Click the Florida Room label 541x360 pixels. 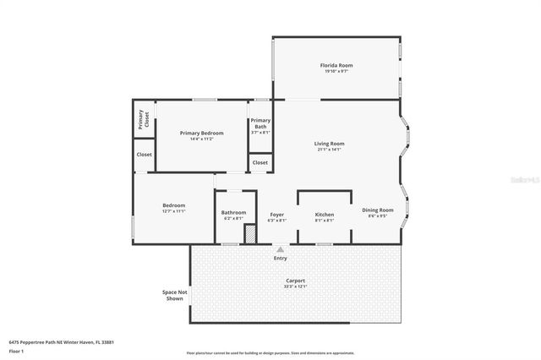pyautogui.click(x=336, y=65)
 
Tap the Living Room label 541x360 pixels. pyautogui.click(x=330, y=144)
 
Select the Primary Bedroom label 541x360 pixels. pyautogui.click(x=201, y=133)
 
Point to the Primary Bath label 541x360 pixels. pyautogui.click(x=260, y=124)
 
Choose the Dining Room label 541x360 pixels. pyautogui.click(x=378, y=210)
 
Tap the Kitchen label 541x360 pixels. pyautogui.click(x=325, y=215)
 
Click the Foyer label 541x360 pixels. pyautogui.click(x=276, y=215)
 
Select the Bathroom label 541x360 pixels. pyautogui.click(x=233, y=212)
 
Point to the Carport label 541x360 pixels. pyautogui.click(x=295, y=281)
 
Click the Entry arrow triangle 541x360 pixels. pyautogui.click(x=280, y=249)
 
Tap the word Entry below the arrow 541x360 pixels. pyautogui.click(x=280, y=259)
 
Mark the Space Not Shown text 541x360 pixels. pyautogui.click(x=174, y=295)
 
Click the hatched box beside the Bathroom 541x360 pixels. pyautogui.click(x=250, y=234)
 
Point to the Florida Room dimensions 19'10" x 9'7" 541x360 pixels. pyautogui.click(x=336, y=72)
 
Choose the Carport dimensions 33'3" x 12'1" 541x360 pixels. pyautogui.click(x=295, y=286)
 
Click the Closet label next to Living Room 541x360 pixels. pyautogui.click(x=260, y=162)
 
